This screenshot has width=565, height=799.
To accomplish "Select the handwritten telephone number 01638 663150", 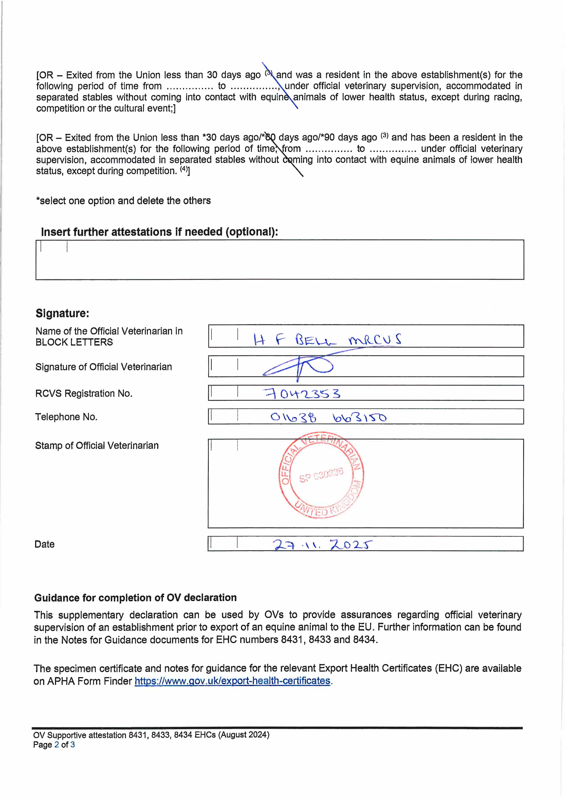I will tap(328, 417).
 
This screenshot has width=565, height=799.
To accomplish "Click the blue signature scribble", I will tap(298, 367).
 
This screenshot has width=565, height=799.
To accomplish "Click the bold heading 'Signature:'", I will tap(62, 313).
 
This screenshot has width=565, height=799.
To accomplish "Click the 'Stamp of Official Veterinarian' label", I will tap(97, 445).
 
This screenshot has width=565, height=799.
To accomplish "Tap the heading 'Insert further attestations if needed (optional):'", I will tap(159, 232).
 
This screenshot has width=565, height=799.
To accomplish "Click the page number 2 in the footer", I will tap(56, 745).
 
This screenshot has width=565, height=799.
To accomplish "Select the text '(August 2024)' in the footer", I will tap(244, 735).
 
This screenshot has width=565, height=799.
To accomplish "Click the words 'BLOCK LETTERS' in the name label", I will tap(74, 342).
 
